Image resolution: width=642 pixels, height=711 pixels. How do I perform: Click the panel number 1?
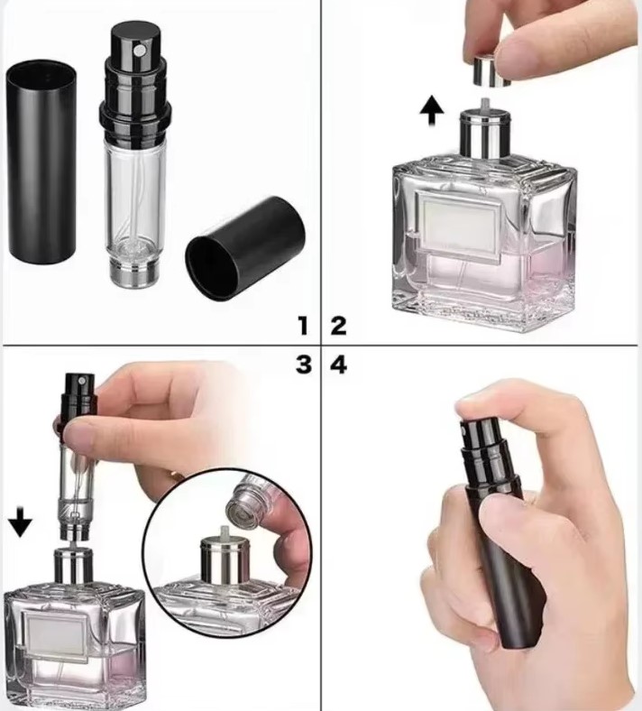[303, 326]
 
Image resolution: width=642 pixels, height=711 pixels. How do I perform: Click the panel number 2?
[338, 326]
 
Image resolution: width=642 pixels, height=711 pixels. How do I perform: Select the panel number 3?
[304, 365]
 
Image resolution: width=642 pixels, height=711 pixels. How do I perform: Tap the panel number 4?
[339, 365]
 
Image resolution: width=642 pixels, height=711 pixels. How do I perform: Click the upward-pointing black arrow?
[431, 111]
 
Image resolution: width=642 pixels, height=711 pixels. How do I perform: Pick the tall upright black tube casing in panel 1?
[41, 162]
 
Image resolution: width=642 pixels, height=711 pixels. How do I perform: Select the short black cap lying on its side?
[245, 248]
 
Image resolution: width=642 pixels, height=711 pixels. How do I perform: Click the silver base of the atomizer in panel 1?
[133, 275]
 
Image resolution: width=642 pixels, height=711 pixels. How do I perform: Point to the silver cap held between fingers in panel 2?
[491, 71]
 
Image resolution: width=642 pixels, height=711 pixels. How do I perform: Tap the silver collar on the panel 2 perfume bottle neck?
[486, 134]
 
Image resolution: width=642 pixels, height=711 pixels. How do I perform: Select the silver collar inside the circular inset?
[225, 561]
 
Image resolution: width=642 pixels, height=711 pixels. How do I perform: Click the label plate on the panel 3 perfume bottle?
[54, 635]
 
